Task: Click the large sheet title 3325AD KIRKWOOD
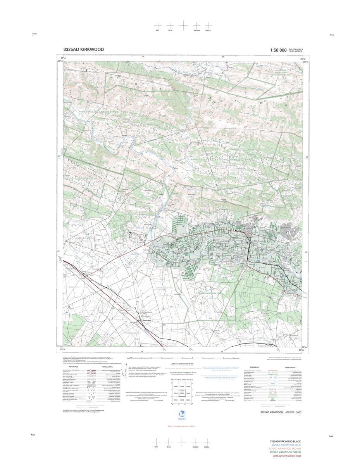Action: point(83,50)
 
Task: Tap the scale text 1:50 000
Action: point(278,50)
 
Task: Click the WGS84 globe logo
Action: point(181,414)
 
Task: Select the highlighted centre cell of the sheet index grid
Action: point(181,393)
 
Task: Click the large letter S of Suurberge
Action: point(87,70)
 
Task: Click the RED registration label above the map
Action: point(157,30)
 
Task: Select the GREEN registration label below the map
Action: point(207,447)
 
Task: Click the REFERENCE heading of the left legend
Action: point(74,366)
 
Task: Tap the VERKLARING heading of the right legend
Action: point(290,367)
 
